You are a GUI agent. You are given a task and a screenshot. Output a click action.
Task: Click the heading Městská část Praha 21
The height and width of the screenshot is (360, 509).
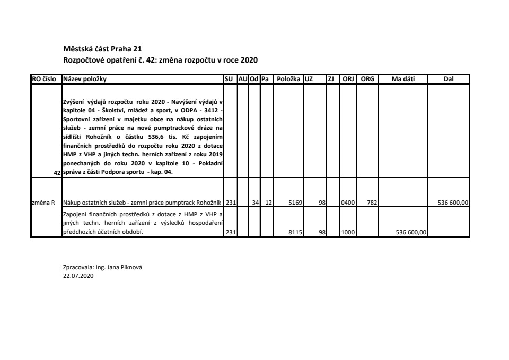click(x=102, y=49)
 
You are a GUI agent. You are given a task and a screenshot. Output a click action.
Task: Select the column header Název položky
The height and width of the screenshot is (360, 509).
click(x=85, y=79)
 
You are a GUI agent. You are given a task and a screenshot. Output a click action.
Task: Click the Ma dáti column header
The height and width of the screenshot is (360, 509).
click(x=403, y=79)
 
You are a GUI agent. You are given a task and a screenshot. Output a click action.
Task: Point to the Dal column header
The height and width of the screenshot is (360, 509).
click(x=449, y=79)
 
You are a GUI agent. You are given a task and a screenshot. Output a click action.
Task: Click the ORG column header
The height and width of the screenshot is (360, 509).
click(x=367, y=79)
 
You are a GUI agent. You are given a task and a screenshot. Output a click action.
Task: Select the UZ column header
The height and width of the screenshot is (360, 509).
click(x=309, y=79)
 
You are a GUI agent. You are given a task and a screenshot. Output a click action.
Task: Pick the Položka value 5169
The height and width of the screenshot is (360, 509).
click(x=295, y=203)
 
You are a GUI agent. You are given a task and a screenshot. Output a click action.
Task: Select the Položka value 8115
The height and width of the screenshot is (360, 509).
click(x=295, y=232)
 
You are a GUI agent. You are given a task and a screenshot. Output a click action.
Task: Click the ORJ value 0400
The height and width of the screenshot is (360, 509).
click(x=348, y=203)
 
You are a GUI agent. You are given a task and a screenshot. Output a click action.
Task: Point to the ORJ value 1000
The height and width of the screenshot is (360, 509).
click(x=348, y=232)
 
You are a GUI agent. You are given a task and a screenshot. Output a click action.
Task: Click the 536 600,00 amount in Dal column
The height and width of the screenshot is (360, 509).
click(x=453, y=203)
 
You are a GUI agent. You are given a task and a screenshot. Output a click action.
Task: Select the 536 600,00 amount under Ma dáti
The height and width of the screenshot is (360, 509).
click(x=411, y=232)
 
